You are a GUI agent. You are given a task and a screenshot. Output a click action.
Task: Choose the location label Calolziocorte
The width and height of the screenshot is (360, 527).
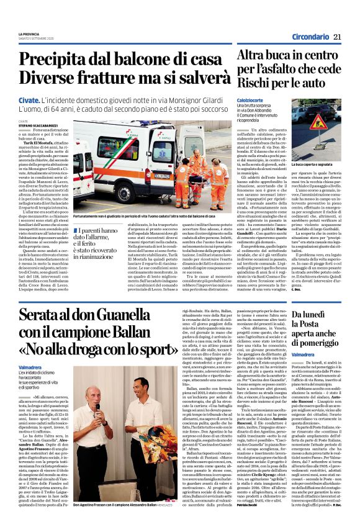click(x=251, y=99)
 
